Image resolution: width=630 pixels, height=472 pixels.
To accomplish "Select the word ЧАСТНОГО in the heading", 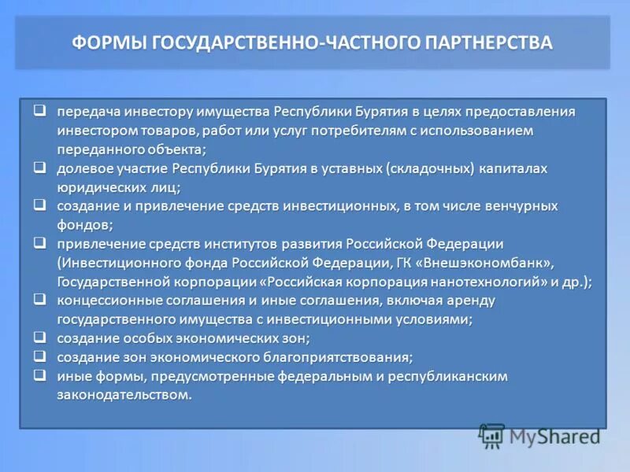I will coord(366,42).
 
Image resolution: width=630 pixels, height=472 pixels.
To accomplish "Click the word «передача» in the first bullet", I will coord(87,112).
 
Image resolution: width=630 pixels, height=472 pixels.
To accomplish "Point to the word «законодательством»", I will coord(124,395).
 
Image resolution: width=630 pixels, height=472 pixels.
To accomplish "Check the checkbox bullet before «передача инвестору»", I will coord(39,111).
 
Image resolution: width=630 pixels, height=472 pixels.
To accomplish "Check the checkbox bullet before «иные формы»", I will coord(39,375).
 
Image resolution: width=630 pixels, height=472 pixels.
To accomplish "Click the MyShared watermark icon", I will coord(493,435).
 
